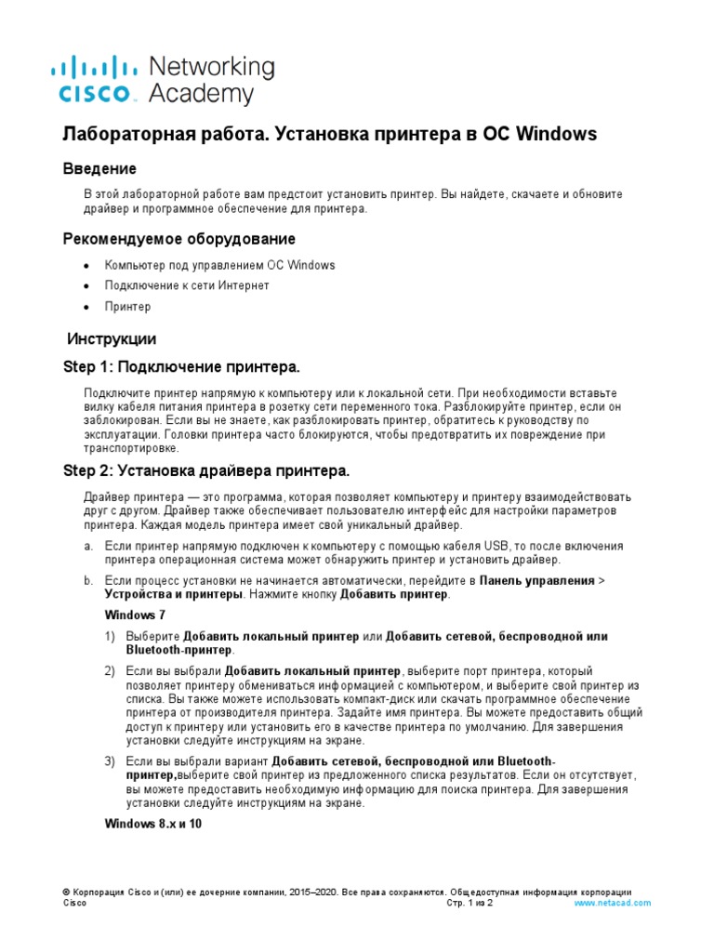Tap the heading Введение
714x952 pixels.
coord(99,168)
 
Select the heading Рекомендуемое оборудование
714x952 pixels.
coord(178,239)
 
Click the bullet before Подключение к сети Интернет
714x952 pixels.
coord(87,286)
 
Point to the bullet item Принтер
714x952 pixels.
coord(127,307)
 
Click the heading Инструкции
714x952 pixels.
coord(112,338)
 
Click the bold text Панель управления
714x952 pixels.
coord(536,581)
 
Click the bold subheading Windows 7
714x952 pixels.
coord(135,615)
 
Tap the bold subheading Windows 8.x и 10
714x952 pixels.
coord(153,824)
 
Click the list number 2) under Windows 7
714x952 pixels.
coord(110,671)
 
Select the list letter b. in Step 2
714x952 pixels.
coord(87,581)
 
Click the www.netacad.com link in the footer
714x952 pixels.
coord(613,903)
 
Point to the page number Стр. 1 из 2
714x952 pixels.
coord(469,903)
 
